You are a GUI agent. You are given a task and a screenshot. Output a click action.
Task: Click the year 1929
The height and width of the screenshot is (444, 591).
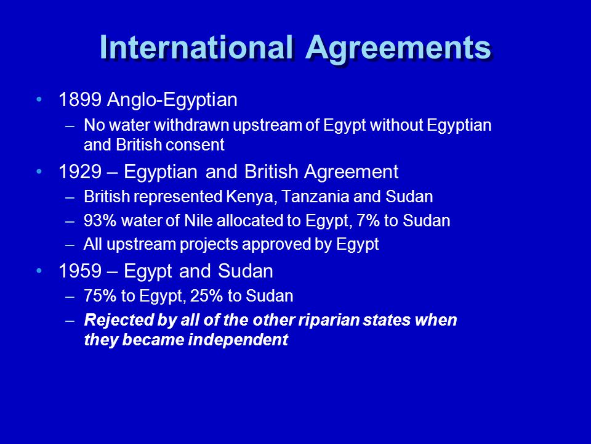tap(80, 171)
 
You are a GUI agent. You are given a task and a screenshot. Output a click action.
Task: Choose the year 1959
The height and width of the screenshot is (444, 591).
tap(80, 271)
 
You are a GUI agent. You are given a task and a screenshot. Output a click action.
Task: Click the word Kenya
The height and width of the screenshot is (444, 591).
tap(241, 197)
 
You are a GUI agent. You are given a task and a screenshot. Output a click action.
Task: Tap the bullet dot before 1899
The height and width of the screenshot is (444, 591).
tap(41, 99)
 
